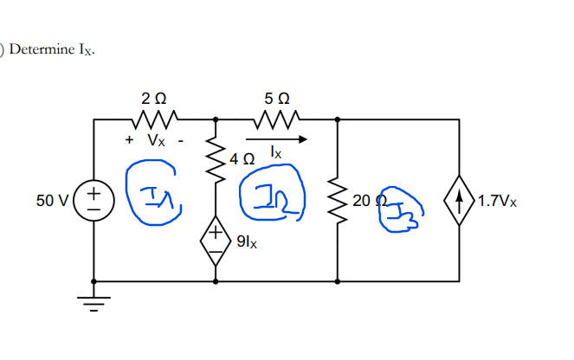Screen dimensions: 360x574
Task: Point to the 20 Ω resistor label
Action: point(363,201)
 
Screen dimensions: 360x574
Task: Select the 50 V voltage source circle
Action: point(94,201)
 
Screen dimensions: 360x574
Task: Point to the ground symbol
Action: point(94,304)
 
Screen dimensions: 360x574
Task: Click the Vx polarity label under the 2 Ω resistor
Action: point(154,138)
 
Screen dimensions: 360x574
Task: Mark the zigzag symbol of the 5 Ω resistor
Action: point(277,117)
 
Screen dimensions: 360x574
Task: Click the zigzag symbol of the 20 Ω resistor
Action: point(336,200)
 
